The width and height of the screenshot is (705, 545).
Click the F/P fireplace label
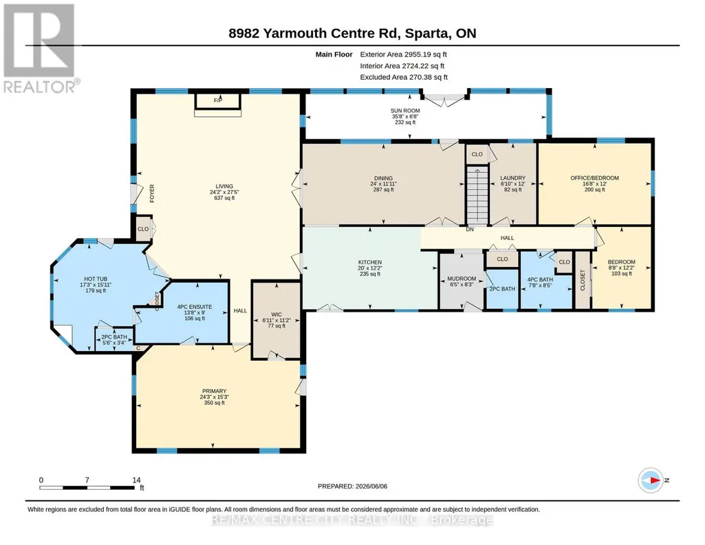(x=218, y=100)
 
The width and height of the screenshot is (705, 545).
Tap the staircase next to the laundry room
(x=477, y=195)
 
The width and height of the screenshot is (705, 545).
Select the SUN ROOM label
(x=405, y=111)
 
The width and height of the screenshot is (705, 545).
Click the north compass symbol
(x=651, y=480)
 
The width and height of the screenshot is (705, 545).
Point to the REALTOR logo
(x=40, y=48)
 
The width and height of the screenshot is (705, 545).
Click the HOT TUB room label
(x=96, y=279)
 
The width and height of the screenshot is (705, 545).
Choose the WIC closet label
(x=276, y=314)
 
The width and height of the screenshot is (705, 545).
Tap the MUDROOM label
(x=462, y=279)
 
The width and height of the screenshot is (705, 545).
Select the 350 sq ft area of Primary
(x=215, y=403)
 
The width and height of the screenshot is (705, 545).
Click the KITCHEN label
(x=370, y=262)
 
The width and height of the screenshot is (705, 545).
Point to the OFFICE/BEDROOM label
(x=595, y=178)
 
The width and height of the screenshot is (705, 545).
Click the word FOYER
(x=152, y=193)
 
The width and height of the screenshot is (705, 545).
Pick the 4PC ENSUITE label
(x=195, y=307)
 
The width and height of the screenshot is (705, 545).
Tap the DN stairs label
(x=470, y=229)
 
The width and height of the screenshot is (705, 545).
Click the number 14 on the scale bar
(x=136, y=480)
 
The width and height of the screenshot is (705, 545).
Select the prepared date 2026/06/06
(x=371, y=486)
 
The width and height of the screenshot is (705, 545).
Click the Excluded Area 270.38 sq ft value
(x=426, y=77)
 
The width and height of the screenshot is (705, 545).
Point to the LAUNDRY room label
(x=513, y=178)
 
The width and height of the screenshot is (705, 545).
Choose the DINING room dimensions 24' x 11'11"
(x=384, y=184)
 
